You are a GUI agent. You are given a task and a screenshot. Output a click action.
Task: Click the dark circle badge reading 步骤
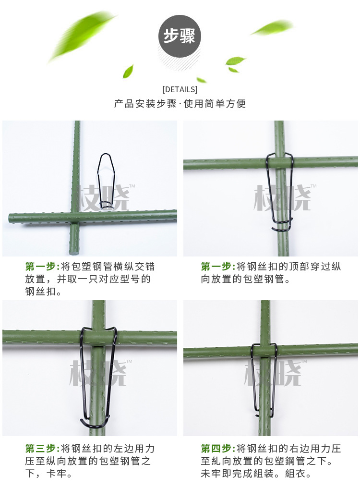point(180,37)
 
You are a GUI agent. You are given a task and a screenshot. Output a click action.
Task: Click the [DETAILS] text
point(180,89)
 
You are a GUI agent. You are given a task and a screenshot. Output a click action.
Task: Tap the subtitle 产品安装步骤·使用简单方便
point(180,104)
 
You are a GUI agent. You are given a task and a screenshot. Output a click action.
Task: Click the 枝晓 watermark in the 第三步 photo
point(99,373)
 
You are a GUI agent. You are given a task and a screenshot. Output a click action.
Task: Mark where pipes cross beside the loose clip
point(75,217)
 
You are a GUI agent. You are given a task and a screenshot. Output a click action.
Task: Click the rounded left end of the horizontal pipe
point(11,218)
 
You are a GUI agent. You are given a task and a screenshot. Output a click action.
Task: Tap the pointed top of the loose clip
point(106,155)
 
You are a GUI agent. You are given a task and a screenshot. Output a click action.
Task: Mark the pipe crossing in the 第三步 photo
point(98,338)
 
